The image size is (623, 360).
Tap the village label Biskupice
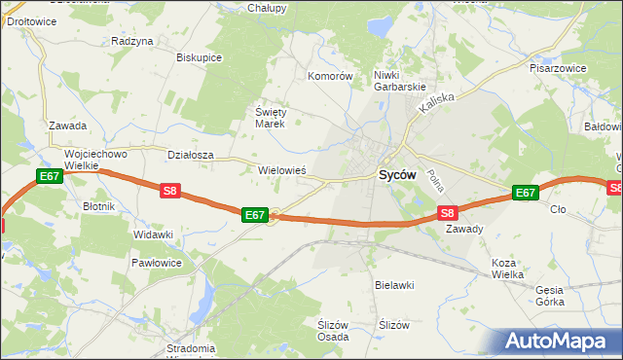pos(200,57)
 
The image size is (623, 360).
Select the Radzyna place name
pos(132,41)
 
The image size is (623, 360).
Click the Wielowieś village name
pos(282,169)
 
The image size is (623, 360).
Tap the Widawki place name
pos(153,235)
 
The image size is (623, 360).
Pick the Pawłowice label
pos(157,263)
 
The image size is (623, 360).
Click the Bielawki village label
pos(395,285)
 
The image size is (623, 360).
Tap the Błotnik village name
pos(99,206)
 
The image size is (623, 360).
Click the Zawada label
pos(68,126)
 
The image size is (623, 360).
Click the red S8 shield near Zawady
pos(447,212)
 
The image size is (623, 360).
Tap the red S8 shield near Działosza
pos(170,192)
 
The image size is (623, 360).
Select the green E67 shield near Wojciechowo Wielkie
pos(50,176)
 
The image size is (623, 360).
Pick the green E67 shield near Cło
pos(525,193)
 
